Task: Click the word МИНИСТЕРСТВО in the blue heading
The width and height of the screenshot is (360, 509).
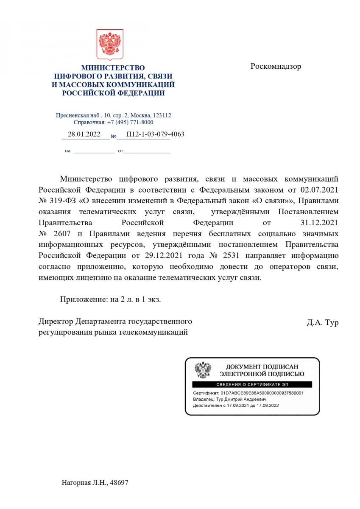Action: click(113, 68)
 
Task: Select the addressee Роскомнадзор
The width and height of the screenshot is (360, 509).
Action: click(276, 67)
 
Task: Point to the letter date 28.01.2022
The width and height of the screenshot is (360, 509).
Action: click(84, 134)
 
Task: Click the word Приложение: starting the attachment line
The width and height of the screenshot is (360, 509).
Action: click(81, 299)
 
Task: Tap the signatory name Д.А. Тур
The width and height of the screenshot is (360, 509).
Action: click(322, 323)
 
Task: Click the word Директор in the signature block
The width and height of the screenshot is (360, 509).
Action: click(55, 321)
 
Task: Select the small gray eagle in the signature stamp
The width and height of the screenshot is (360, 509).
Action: click(203, 370)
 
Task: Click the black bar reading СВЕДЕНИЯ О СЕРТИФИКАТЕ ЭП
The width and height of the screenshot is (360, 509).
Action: click(252, 384)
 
